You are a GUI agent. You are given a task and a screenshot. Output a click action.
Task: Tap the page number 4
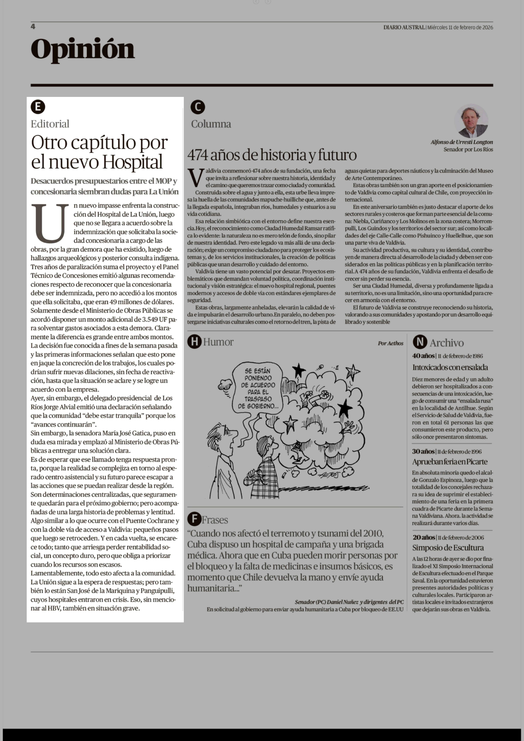[33, 26]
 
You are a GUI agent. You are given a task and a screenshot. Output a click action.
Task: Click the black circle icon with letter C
[198, 107]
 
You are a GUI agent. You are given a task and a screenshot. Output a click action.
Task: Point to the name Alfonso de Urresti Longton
[461, 142]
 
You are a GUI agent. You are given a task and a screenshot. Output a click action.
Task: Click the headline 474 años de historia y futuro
[272, 155]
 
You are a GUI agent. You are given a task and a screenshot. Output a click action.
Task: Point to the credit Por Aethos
[390, 343]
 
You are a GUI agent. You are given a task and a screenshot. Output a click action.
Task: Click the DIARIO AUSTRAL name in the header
[404, 27]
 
